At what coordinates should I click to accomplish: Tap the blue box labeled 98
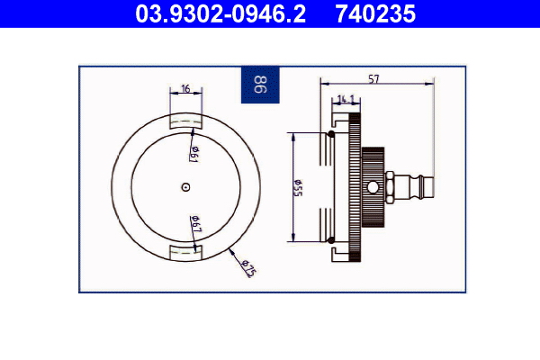(x=260, y=86)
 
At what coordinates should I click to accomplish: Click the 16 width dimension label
(x=185, y=89)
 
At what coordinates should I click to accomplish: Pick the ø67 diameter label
(x=194, y=225)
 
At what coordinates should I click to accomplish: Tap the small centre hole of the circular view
(x=184, y=187)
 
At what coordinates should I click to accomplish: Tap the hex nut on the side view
(x=393, y=186)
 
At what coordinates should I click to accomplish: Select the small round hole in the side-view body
(x=373, y=186)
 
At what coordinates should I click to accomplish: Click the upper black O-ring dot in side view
(x=330, y=134)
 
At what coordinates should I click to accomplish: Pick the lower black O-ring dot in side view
(x=330, y=239)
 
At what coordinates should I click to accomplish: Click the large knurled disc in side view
(x=355, y=186)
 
